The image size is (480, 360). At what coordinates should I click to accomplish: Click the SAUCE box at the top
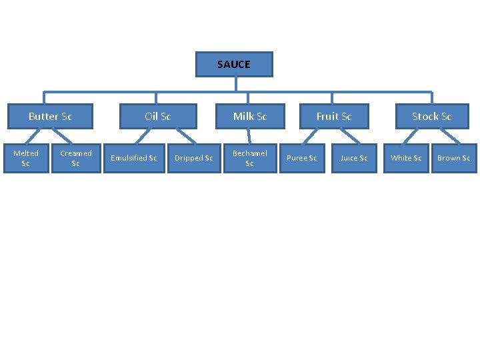(234, 65)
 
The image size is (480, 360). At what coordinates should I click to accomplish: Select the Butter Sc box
(50, 116)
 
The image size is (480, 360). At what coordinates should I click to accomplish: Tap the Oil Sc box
(158, 116)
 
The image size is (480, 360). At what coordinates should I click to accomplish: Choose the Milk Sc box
(250, 116)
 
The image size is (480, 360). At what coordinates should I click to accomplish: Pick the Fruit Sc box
(333, 116)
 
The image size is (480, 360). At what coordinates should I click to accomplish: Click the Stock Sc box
(431, 116)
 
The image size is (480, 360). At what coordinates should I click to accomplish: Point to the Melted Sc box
(26, 158)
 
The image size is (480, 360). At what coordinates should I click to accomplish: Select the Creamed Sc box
(75, 158)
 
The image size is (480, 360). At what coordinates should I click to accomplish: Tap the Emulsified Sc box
(133, 158)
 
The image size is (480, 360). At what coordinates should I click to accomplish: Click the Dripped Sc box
(193, 158)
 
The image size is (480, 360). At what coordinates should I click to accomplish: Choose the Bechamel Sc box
(250, 158)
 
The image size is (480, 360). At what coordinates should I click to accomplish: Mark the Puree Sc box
(301, 158)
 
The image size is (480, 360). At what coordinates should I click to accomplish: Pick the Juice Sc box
(354, 158)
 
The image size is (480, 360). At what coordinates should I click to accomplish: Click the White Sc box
(406, 158)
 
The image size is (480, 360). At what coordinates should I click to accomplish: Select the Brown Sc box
(453, 158)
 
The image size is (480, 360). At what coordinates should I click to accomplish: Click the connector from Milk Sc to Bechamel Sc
(249, 135)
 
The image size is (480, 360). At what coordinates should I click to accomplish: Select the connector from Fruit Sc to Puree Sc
(313, 135)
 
